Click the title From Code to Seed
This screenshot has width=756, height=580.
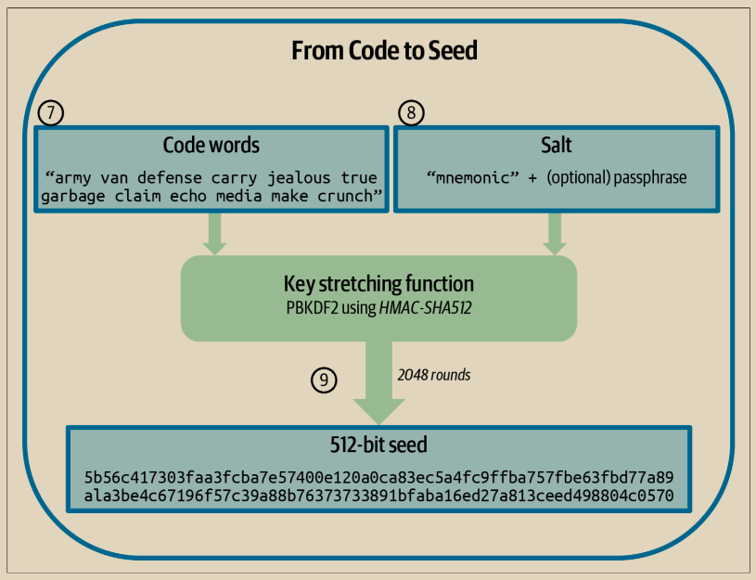[x=384, y=50]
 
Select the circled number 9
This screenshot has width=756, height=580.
[x=323, y=379]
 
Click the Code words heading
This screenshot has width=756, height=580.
[x=211, y=146]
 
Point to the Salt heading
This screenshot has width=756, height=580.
[x=557, y=146]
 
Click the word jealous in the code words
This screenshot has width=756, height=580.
[x=297, y=176]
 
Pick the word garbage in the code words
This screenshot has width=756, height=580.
[x=75, y=197]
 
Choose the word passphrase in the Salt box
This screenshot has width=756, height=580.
[x=649, y=176]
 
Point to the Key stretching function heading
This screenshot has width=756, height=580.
[x=378, y=283]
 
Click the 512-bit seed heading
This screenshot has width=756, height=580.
[x=378, y=445]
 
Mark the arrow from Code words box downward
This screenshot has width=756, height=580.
[x=215, y=233]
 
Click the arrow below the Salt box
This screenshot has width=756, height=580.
[x=555, y=233]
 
